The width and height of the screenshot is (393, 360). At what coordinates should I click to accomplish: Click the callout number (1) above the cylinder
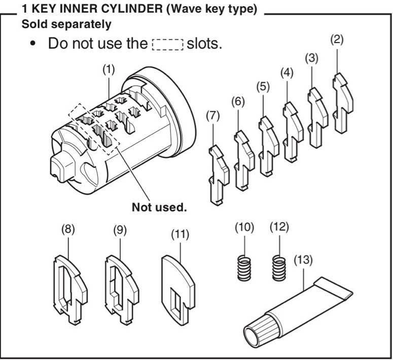[108, 71]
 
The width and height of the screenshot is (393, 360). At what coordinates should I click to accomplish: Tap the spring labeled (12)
[278, 267]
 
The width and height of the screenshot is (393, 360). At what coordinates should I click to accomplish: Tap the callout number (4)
[288, 72]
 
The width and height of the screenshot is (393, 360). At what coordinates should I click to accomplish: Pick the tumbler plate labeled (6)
[242, 157]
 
